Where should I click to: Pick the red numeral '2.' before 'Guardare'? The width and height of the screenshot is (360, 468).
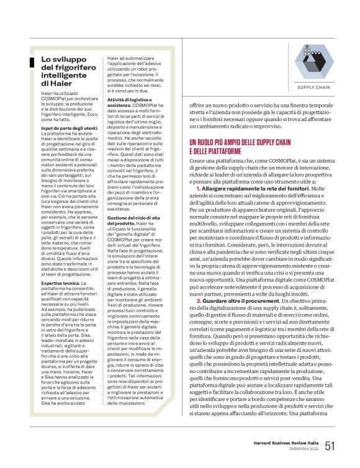198,300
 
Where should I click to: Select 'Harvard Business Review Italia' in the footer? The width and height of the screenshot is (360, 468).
285,443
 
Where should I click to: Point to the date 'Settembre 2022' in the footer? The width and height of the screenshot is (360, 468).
304,449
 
